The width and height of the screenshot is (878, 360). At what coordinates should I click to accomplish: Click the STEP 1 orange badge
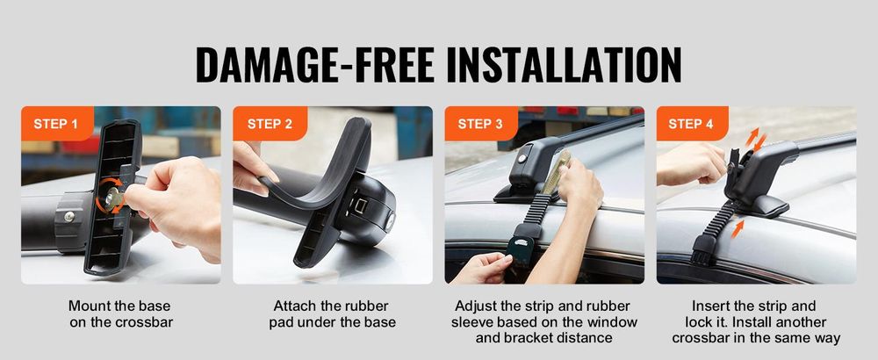57,123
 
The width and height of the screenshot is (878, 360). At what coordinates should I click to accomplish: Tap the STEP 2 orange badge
270,123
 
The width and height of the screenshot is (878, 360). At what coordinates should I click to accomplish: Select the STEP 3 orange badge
481,123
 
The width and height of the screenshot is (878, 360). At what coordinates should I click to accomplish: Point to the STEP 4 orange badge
692,123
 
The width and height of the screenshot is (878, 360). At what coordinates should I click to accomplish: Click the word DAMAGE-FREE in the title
315,66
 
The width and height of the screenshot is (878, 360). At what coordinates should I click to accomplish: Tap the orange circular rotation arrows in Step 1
109,196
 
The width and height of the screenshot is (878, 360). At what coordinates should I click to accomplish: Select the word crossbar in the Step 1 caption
145,322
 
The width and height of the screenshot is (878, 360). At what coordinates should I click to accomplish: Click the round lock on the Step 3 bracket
522,159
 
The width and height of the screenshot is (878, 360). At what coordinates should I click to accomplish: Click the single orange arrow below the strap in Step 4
738,228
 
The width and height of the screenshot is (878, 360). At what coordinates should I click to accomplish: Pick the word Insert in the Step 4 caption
711,306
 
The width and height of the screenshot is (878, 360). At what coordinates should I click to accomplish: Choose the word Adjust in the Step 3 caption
475,306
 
